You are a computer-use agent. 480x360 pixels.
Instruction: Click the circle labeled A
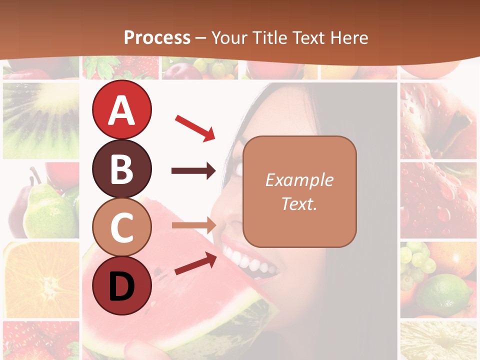point(121,109)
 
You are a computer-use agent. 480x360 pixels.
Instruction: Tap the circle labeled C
point(121,227)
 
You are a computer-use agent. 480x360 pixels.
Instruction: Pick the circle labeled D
point(121,286)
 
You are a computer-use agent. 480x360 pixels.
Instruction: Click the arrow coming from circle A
point(195,127)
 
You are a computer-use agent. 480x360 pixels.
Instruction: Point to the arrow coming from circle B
point(193,171)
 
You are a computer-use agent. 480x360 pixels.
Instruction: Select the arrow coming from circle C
point(193,225)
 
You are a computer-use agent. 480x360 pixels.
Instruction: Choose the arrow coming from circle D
point(195,263)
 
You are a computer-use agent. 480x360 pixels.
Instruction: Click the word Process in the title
point(157,37)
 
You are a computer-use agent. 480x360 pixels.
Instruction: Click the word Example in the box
point(299,180)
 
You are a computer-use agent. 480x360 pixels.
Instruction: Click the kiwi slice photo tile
point(41,120)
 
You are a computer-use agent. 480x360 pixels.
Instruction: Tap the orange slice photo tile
point(41,280)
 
